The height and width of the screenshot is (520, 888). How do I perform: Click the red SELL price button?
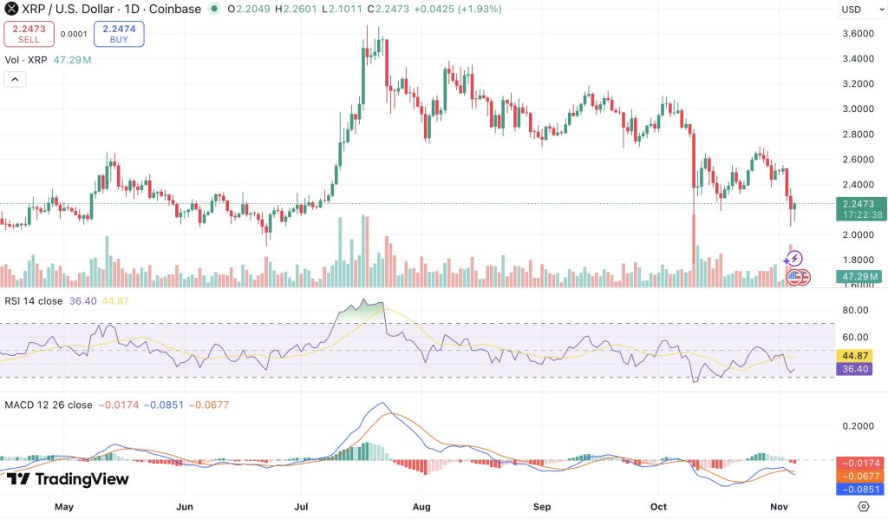pyautogui.click(x=29, y=34)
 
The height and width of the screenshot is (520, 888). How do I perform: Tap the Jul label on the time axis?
pyautogui.click(x=303, y=505)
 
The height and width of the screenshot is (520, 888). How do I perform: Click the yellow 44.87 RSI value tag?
pyautogui.click(x=859, y=356)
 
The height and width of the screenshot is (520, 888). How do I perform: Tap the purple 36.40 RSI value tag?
pyautogui.click(x=859, y=369)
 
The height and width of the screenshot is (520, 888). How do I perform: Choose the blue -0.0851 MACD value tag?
pyautogui.click(x=859, y=489)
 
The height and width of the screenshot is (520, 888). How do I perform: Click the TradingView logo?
pyautogui.click(x=68, y=479)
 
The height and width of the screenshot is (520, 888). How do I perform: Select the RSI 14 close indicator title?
pyautogui.click(x=32, y=301)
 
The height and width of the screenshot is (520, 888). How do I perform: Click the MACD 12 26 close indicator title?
pyautogui.click(x=49, y=405)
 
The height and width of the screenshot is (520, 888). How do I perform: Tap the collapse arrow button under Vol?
pyautogui.click(x=16, y=79)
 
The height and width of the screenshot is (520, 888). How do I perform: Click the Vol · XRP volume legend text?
pyautogui.click(x=27, y=60)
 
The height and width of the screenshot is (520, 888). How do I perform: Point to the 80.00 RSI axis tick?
pyautogui.click(x=855, y=310)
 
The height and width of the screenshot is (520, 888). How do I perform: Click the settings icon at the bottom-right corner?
pyautogui.click(x=863, y=506)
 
